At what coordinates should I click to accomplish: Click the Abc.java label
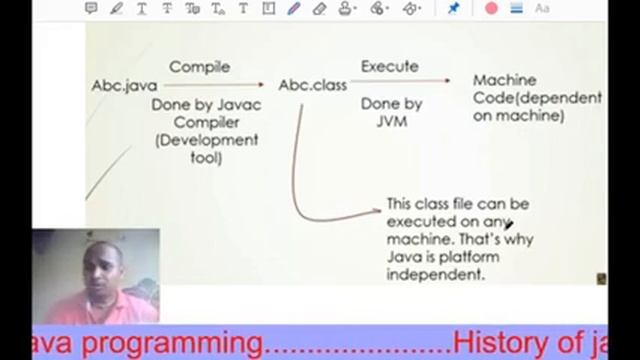pyautogui.click(x=125, y=86)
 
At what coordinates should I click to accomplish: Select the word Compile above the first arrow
pyautogui.click(x=199, y=67)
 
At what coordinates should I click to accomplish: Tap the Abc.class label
pyautogui.click(x=312, y=86)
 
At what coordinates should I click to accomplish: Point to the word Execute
pyautogui.click(x=389, y=67)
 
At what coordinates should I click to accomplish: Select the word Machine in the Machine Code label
pyautogui.click(x=504, y=80)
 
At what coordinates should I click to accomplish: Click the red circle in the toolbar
pyautogui.click(x=491, y=8)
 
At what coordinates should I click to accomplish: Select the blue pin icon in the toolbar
pyautogui.click(x=453, y=8)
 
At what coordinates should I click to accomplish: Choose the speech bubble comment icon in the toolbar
pyautogui.click(x=91, y=8)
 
